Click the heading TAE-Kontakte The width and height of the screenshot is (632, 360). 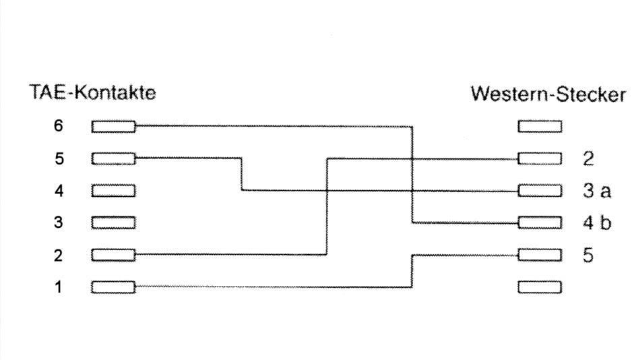point(92,92)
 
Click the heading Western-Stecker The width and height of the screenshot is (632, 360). point(548,94)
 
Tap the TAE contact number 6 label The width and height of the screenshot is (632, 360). point(59,126)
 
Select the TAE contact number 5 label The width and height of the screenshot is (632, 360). point(59,158)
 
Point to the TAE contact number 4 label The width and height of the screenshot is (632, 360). point(59,190)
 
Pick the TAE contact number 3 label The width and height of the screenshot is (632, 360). point(59,222)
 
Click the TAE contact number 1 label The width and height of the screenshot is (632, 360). point(59,287)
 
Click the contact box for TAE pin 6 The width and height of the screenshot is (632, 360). point(113,127)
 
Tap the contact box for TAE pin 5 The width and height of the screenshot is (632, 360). point(113,158)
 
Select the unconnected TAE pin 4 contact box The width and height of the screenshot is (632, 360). point(113,191)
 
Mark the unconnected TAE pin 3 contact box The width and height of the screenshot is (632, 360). point(113,222)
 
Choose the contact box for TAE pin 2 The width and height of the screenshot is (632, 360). point(113,255)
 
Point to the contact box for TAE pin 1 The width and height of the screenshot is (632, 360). point(113,287)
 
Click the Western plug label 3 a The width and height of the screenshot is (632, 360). point(597,190)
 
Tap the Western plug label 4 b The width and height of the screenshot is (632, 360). point(597,222)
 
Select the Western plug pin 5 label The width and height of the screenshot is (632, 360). point(588,256)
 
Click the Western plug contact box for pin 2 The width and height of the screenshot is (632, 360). point(540,158)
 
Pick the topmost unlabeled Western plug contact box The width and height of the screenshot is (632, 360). point(540,127)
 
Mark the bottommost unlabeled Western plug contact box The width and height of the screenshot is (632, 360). point(540,287)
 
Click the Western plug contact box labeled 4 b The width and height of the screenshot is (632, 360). point(540,222)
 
